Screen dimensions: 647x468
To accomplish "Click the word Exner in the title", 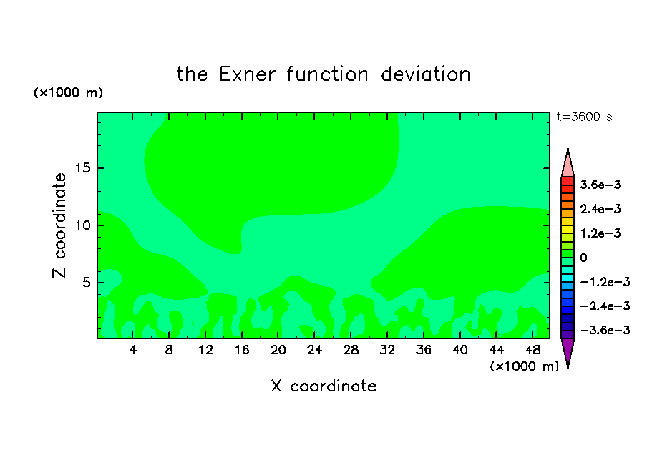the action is coord(247,74).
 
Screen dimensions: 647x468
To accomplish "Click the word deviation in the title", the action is coord(426,74).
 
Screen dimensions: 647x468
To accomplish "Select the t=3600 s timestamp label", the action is coord(584,117).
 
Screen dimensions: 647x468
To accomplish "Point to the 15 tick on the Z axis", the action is coord(82,168).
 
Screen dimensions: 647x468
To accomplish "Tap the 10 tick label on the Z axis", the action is coord(82,225).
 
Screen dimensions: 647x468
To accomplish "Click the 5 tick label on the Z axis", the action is coord(86,283).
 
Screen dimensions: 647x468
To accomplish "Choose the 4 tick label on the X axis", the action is coord(132,350).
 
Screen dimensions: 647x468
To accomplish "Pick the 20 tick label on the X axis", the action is coord(278,350).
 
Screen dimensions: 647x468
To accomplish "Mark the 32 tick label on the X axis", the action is coord(387,350).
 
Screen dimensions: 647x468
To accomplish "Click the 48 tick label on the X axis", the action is coord(532,350).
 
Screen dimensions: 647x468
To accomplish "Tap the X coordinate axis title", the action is coord(323,386).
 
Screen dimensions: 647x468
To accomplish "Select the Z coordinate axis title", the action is coord(59,225).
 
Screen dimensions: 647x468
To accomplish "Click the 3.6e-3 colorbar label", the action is coord(600,185).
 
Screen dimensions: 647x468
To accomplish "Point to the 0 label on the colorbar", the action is coord(583,258).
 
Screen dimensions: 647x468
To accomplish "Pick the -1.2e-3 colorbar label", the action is coord(605,282).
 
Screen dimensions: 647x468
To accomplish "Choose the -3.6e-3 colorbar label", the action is coord(605,330).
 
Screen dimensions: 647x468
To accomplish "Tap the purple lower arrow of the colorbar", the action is coord(568,353).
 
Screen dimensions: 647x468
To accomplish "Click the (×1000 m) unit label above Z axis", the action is coord(68,92).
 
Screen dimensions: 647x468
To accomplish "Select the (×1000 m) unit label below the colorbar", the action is coord(524,366).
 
